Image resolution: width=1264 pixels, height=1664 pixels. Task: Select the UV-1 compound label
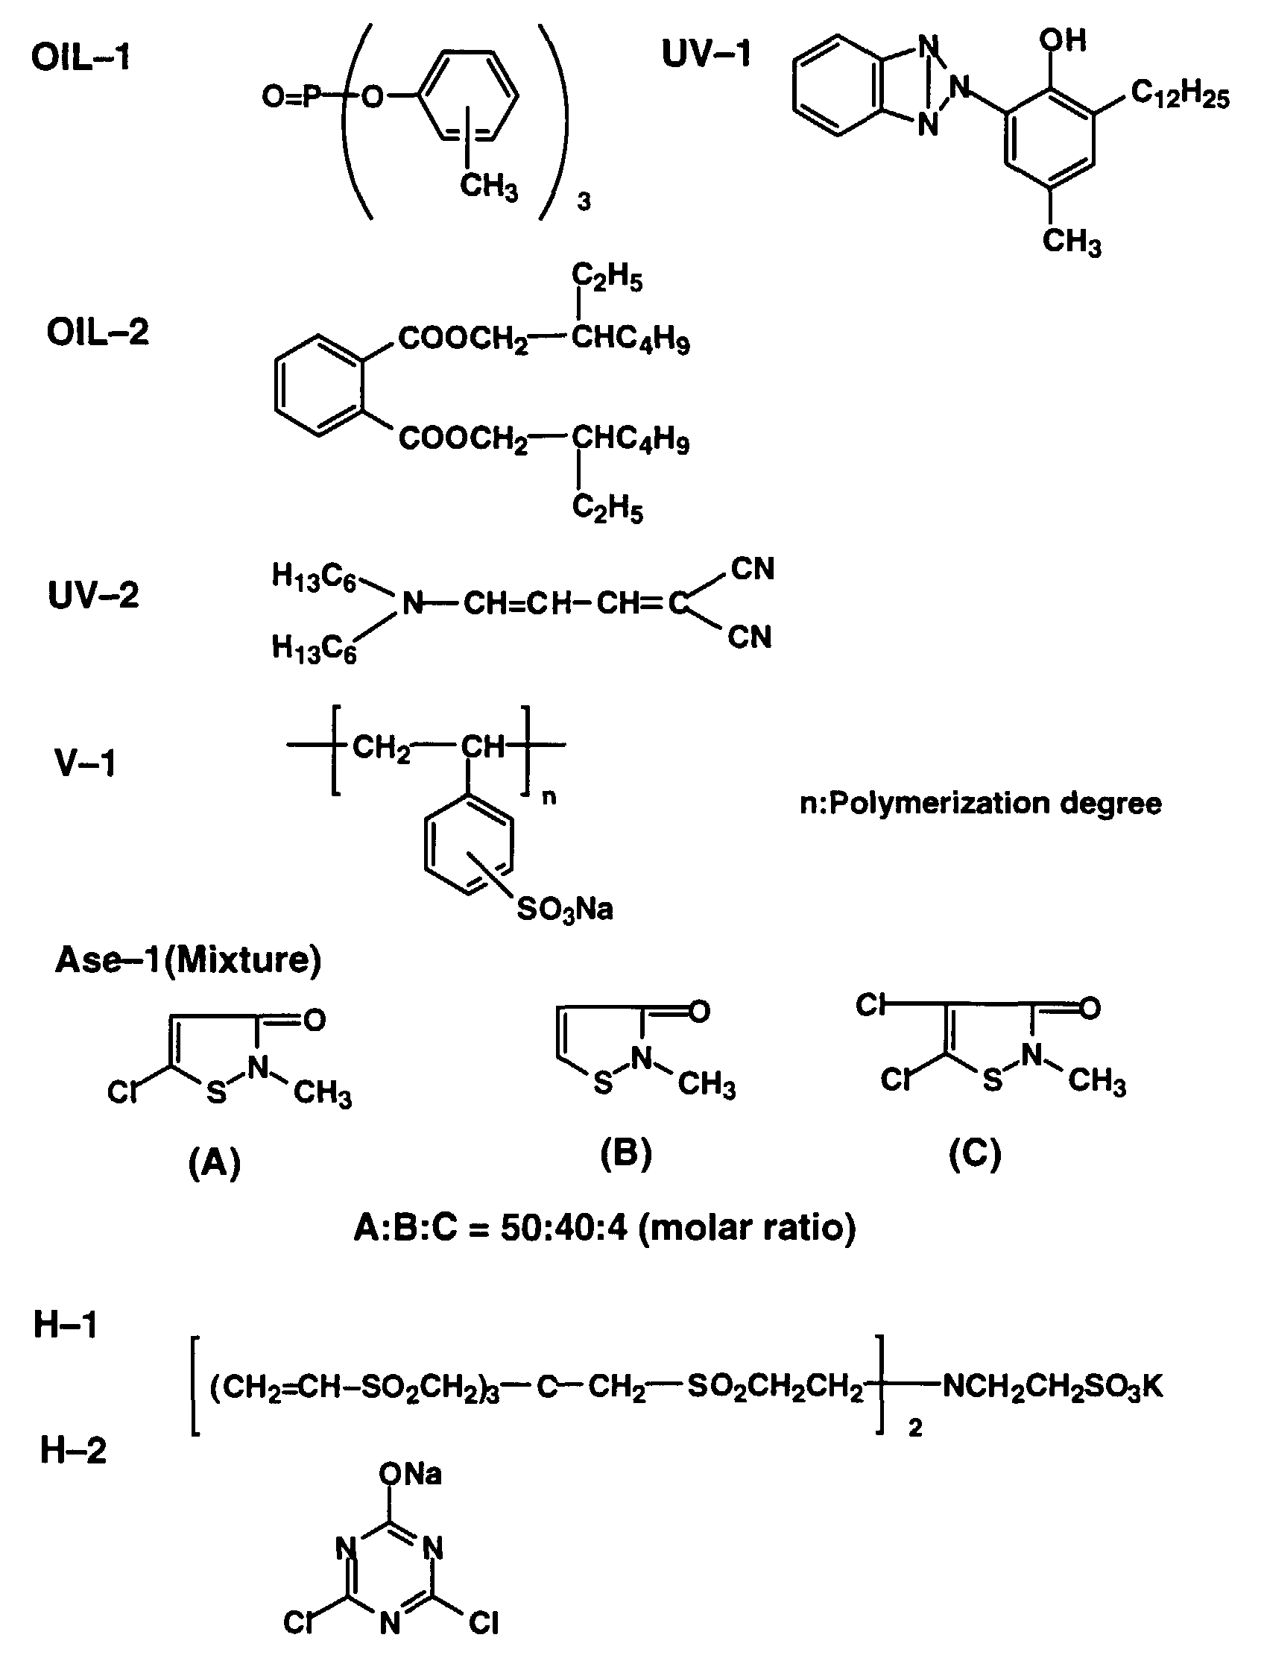click(706, 54)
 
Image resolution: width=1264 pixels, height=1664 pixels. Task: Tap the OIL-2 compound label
click(98, 332)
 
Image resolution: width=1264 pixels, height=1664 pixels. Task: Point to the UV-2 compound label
click(93, 596)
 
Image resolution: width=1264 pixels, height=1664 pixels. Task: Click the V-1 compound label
click(85, 763)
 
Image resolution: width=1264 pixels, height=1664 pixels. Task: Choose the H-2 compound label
click(73, 1450)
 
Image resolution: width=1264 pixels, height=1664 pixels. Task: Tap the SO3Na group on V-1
click(564, 910)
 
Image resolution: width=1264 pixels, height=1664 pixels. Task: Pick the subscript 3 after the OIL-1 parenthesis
click(584, 203)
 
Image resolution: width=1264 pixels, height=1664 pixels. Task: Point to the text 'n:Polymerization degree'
click(980, 804)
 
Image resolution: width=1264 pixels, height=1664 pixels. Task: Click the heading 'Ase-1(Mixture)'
click(188, 960)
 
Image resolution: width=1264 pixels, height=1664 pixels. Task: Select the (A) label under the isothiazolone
click(215, 1163)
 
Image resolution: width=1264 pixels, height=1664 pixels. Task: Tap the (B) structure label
click(626, 1153)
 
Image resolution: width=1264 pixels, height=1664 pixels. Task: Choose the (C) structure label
click(975, 1153)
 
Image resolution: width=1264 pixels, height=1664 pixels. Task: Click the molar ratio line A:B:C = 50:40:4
click(605, 1227)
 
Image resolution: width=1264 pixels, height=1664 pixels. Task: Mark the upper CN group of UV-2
click(752, 569)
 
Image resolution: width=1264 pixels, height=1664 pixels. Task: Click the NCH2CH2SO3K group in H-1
click(1052, 1385)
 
